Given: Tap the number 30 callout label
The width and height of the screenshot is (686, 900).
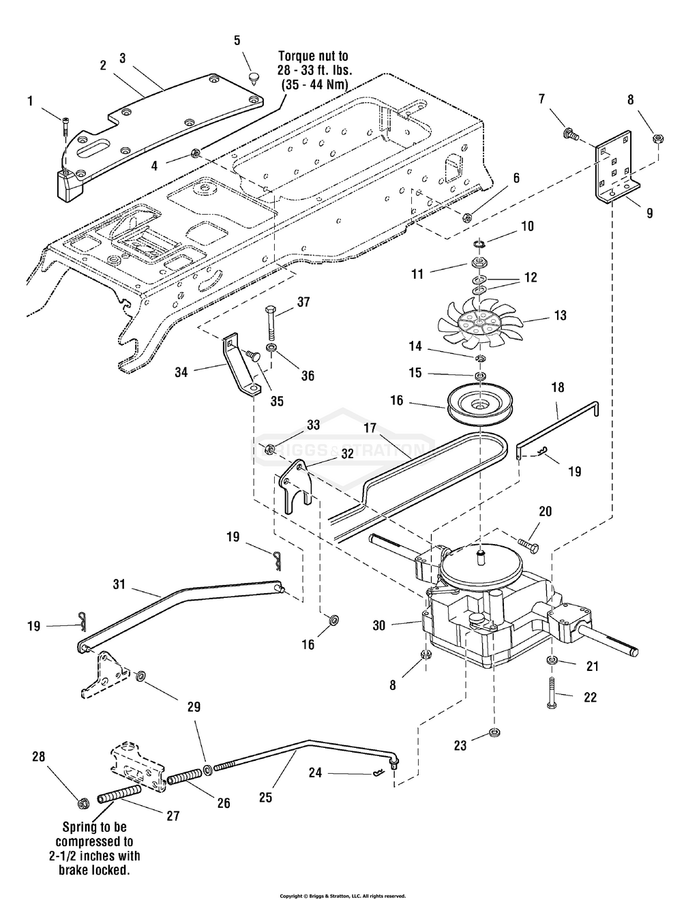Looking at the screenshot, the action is (x=380, y=626).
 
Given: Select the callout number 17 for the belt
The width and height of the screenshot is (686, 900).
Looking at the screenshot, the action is (x=370, y=428).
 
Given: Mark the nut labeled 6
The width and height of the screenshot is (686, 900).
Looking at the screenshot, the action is (x=466, y=215).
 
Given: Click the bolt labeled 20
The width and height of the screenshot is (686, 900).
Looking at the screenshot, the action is (x=528, y=545).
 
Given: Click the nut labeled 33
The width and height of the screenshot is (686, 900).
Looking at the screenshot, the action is (x=269, y=449).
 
